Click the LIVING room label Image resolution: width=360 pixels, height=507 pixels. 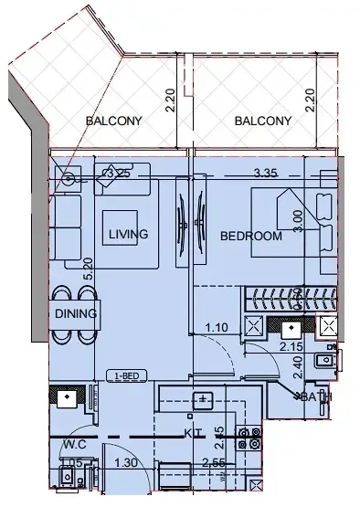click(x=128, y=235)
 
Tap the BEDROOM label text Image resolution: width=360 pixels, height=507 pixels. click(x=250, y=236)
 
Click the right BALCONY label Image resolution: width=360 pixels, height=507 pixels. click(x=262, y=121)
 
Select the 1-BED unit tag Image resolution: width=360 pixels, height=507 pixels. click(x=127, y=375)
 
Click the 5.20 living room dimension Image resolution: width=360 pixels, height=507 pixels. click(x=88, y=267)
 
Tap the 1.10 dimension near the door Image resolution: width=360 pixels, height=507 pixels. click(x=216, y=327)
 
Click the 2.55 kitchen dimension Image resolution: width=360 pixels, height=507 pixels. click(x=214, y=463)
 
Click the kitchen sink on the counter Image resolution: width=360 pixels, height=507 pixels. click(x=203, y=398)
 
